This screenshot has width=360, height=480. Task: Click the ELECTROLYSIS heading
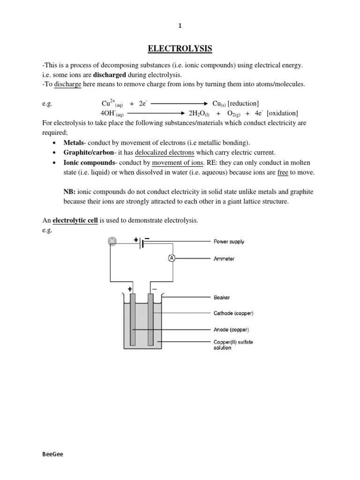pos(180,48)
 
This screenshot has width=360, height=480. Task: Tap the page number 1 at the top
pos(180,26)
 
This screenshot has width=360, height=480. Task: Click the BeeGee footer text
pos(52,455)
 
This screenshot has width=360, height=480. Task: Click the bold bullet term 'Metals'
pos(74,142)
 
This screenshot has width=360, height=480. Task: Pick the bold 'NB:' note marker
pos(69,192)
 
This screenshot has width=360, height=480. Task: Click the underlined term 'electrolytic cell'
pos(75,220)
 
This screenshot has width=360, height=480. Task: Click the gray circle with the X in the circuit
pos(112,241)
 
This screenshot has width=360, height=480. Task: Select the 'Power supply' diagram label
pos(229,242)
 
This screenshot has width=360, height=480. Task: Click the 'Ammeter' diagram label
pos(224,259)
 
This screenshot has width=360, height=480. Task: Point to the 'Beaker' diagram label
pos(222,297)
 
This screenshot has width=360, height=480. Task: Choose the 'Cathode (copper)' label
pos(233,313)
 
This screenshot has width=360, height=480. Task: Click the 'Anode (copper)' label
pos(231,329)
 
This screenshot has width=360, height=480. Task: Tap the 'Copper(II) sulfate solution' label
pos(233,345)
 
